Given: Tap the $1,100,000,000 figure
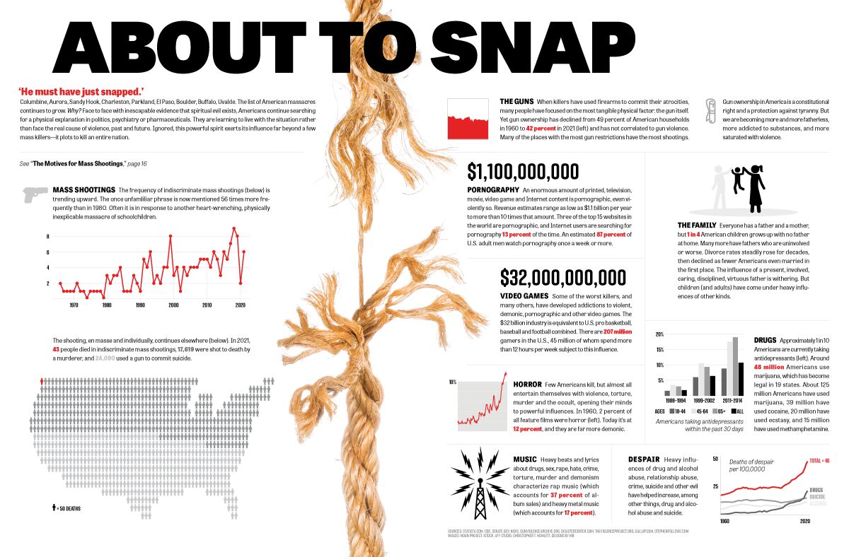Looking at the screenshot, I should click(x=523, y=172).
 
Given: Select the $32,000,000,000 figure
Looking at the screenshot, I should click(x=562, y=277).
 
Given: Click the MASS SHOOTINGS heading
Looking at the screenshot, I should click(x=83, y=190).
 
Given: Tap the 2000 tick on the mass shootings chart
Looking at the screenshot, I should click(x=173, y=305).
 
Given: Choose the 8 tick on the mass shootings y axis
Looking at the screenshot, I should click(x=48, y=236).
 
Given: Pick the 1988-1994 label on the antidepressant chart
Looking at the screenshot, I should click(x=675, y=400).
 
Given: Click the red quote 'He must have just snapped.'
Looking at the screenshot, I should click(x=81, y=91).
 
